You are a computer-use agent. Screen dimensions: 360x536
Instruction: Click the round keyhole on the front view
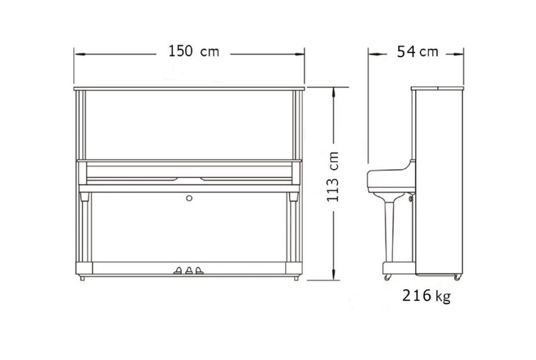(189, 198)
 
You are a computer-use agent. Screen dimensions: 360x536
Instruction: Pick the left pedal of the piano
(177, 271)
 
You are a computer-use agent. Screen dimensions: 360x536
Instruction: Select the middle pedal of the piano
(189, 271)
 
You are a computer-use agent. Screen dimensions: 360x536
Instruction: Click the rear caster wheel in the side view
(457, 277)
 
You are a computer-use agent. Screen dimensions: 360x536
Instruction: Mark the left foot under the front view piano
(82, 278)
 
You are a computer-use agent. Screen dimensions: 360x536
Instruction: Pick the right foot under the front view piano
(296, 278)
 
